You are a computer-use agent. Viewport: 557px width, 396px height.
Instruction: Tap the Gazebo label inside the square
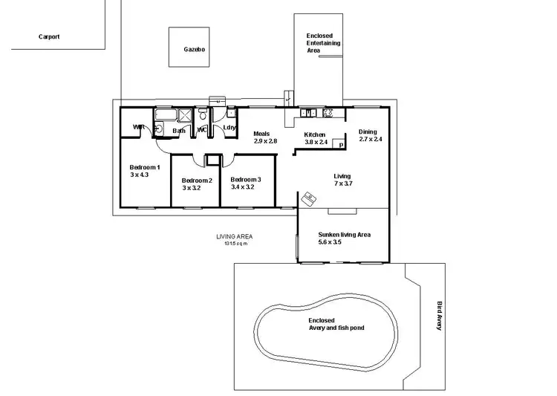tap(195, 50)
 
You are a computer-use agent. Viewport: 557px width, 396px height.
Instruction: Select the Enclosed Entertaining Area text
tap(323, 43)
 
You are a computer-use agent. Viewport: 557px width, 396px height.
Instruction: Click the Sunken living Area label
tap(343, 235)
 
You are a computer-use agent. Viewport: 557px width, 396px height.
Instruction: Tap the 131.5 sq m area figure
tap(235, 243)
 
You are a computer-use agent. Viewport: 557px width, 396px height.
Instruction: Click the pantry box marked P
tap(341, 146)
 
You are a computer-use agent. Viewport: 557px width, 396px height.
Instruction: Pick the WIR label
tap(138, 128)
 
